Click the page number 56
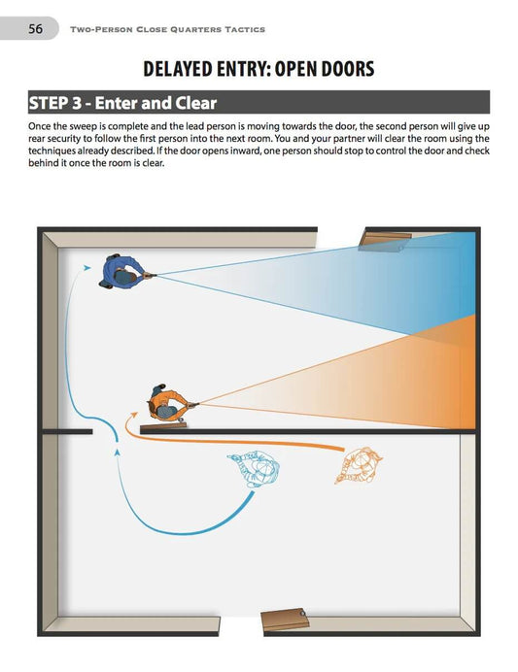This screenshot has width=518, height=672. [x=35, y=29]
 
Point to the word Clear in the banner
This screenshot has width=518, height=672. [x=193, y=103]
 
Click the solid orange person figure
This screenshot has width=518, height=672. [x=165, y=400]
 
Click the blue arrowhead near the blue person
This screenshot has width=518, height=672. [x=88, y=266]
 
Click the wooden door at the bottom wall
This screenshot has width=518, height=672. [x=287, y=618]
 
